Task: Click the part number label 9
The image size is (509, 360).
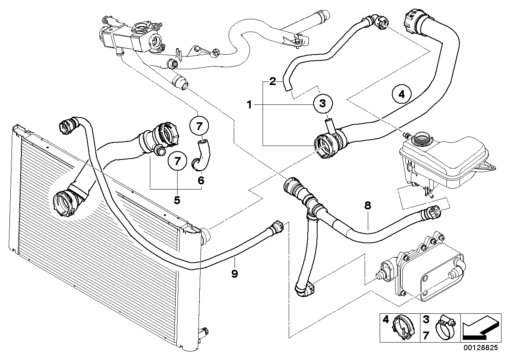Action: (235, 273)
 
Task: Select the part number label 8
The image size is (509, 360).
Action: (367, 205)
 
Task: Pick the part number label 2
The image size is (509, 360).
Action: (272, 82)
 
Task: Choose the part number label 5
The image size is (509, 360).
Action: (177, 200)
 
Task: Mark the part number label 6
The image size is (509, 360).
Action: (201, 181)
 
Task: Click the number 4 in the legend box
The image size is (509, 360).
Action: (385, 319)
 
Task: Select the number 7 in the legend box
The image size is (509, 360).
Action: (426, 336)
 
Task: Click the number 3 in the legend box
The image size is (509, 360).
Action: (426, 319)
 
